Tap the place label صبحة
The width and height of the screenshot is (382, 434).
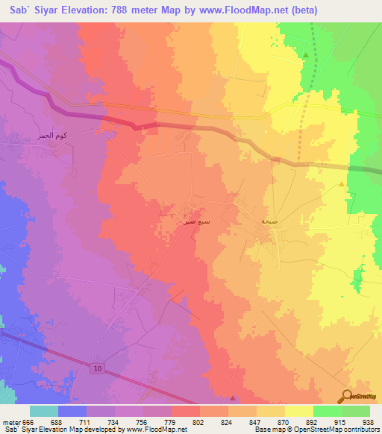(x=270, y=222)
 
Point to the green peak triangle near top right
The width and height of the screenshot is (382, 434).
(x=306, y=55)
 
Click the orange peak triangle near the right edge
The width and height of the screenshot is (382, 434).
(x=342, y=183)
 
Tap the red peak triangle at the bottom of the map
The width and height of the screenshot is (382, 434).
(x=233, y=397)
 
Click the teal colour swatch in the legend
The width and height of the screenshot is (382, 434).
(x=44, y=411)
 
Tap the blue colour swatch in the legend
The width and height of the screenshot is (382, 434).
(x=72, y=411)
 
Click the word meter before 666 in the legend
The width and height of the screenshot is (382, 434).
(x=9, y=421)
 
